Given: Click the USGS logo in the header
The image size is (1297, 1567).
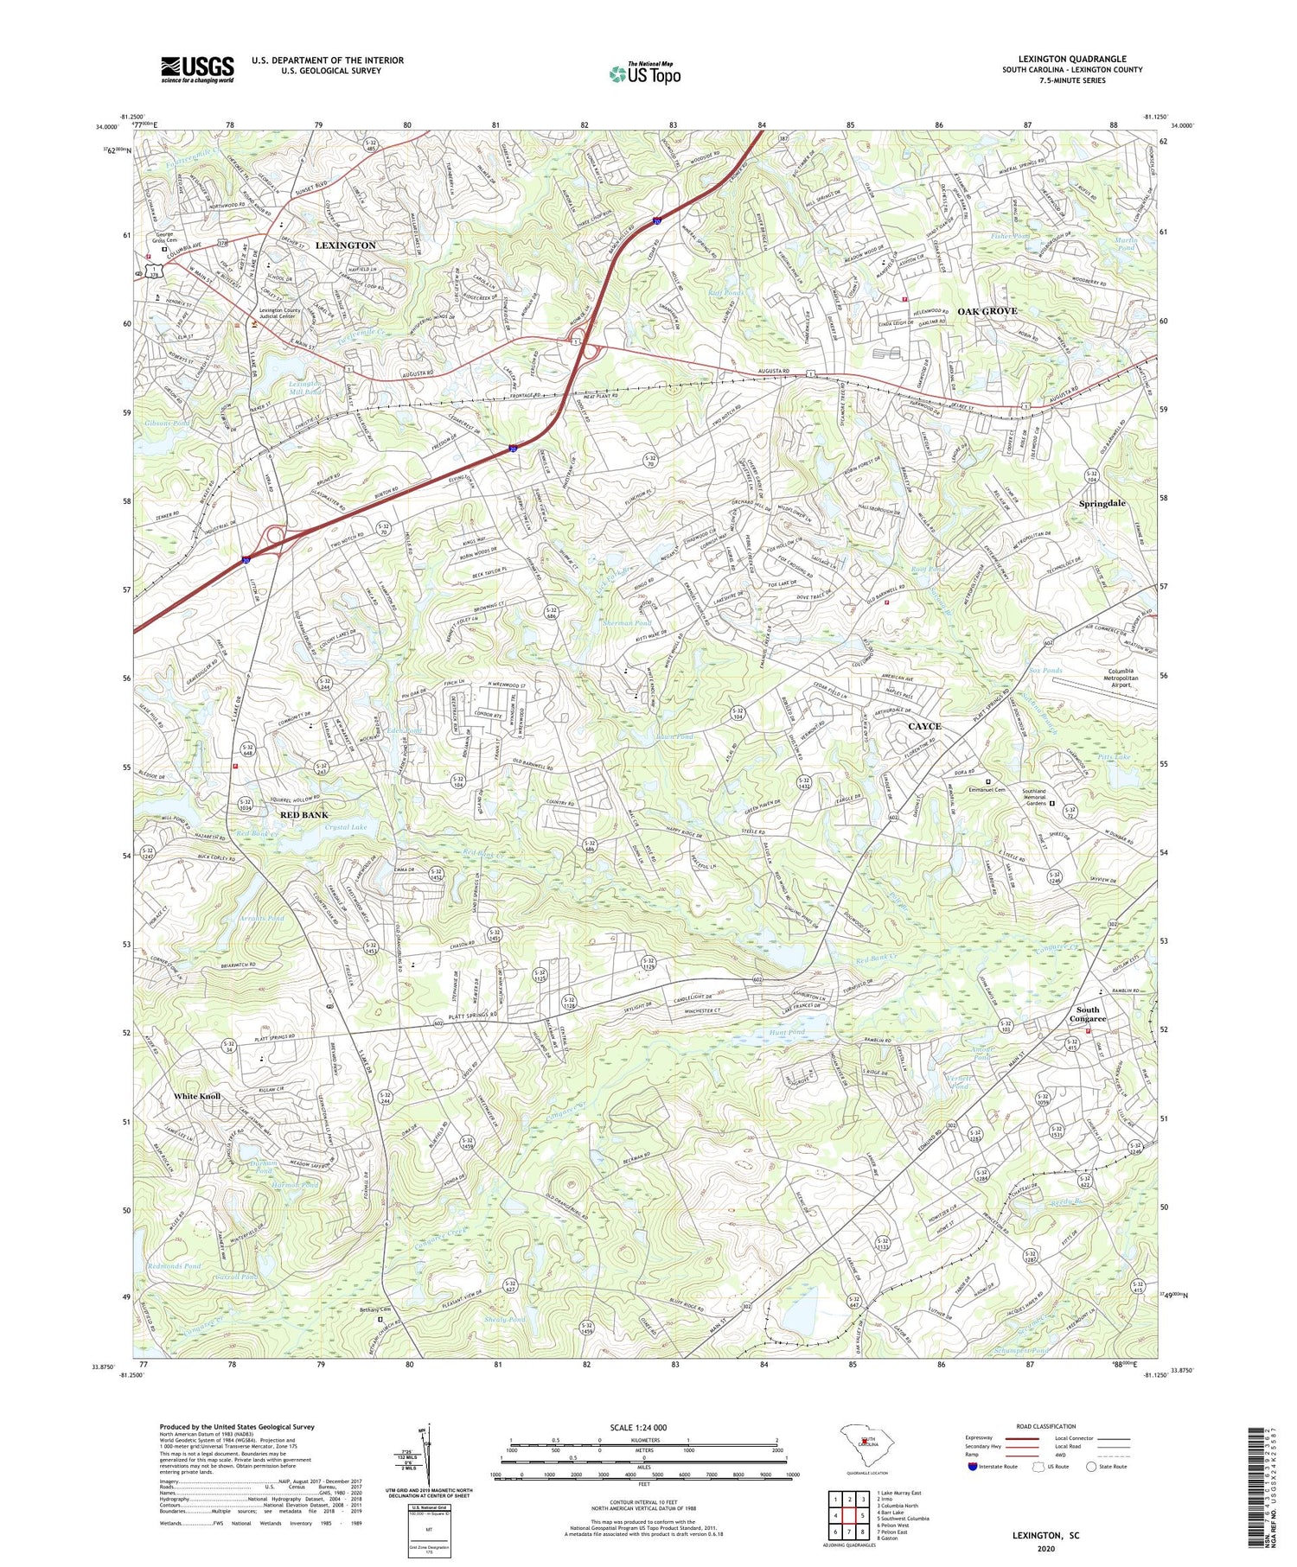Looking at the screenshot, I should click(x=197, y=69).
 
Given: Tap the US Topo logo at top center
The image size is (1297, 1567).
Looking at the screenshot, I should click(x=645, y=73).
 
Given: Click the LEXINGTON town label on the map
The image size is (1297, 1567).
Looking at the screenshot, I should click(x=345, y=245).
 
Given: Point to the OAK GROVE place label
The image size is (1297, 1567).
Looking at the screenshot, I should click(x=987, y=311).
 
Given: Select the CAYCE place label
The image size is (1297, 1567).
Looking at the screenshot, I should click(x=924, y=726).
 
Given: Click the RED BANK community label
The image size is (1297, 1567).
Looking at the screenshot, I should click(x=303, y=815).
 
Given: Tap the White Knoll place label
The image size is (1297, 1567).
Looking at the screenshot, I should click(x=197, y=1096).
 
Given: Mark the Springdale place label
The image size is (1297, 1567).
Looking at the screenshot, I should click(x=1102, y=503).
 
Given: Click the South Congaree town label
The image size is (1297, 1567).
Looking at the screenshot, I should click(x=1087, y=1014).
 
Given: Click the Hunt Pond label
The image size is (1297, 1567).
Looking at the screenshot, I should click(x=786, y=1032).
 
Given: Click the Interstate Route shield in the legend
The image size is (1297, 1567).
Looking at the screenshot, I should click(x=973, y=1467).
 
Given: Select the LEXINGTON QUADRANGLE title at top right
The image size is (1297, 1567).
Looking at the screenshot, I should click(x=1071, y=59).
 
